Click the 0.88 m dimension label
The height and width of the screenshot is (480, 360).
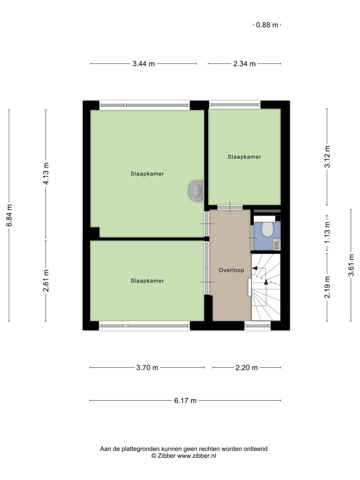(x=267, y=25)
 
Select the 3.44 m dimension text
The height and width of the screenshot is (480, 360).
(x=144, y=64)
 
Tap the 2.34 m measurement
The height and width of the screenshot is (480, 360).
(x=244, y=64)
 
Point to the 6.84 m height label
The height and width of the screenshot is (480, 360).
(x=9, y=215)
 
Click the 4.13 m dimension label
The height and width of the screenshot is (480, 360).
(x=46, y=173)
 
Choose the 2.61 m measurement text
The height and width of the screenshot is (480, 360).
(x=46, y=280)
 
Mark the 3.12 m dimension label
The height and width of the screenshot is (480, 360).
(x=327, y=157)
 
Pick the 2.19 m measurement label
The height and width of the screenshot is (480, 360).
(x=327, y=287)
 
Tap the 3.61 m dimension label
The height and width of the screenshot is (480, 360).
(x=351, y=265)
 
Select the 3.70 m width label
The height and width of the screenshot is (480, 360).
(x=147, y=367)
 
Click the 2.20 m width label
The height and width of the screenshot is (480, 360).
(x=247, y=367)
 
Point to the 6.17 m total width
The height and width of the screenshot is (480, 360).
(x=185, y=400)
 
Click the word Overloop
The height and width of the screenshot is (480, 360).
(x=231, y=270)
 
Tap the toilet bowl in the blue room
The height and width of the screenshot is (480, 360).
(x=267, y=229)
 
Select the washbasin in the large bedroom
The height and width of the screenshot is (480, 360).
(x=196, y=191)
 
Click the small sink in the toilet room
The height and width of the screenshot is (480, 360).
(x=277, y=244)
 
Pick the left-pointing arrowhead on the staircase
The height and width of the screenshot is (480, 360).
(x=255, y=268)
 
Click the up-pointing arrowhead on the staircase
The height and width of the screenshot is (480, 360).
(x=266, y=282)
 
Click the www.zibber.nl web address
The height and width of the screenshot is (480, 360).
(x=196, y=455)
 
